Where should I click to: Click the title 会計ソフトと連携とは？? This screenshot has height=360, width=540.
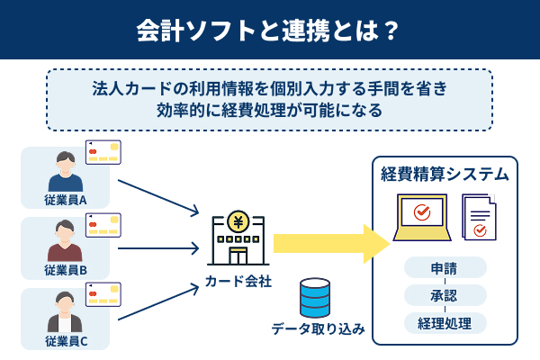tap(269, 30)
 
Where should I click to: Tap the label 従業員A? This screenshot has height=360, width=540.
tap(65, 199)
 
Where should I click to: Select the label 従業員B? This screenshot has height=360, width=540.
tap(65, 269)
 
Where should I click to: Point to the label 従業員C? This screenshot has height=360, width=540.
tap(65, 340)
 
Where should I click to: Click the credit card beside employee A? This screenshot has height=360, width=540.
tap(103, 152)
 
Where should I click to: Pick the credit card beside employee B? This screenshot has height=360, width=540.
tap(103, 224)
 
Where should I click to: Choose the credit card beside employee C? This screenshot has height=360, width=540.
tap(103, 294)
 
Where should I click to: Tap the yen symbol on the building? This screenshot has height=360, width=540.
tap(238, 220)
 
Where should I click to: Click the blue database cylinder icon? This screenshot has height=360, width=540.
tap(315, 296)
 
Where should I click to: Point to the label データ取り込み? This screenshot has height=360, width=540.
tap(318, 329)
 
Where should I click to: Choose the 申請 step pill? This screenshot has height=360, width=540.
tap(445, 267)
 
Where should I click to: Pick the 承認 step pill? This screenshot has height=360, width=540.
tap(445, 295)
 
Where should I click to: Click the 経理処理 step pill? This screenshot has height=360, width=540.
tap(445, 322)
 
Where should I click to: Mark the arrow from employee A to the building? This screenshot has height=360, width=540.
tap(157, 197)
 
